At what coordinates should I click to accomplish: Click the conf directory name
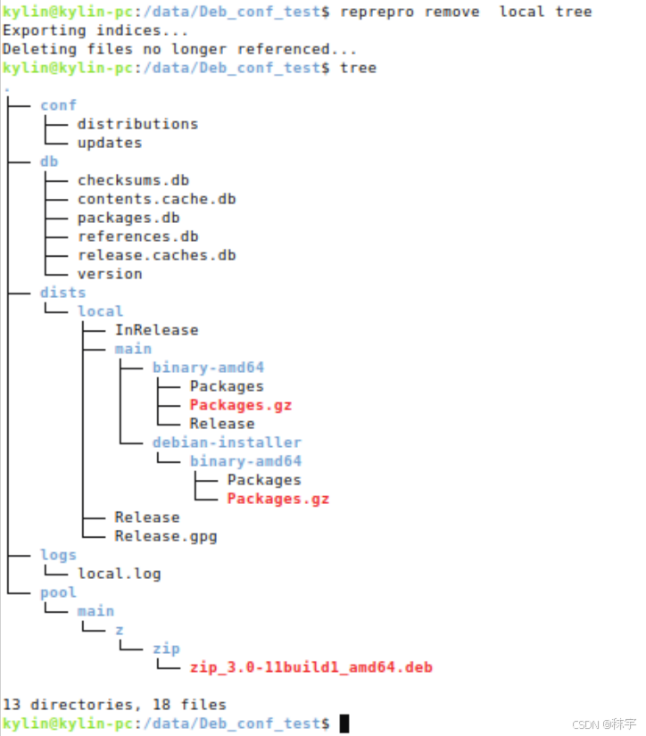[x=58, y=105]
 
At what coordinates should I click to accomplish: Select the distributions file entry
[x=137, y=124]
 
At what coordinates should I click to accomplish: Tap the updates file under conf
[x=109, y=143]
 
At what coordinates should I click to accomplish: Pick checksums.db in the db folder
[x=133, y=180]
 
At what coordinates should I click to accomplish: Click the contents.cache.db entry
[x=156, y=199]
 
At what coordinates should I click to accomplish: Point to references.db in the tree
[x=137, y=236]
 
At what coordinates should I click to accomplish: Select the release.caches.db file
[x=156, y=255]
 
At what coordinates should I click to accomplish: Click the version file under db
[x=109, y=274]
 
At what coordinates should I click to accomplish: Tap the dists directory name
[x=62, y=293]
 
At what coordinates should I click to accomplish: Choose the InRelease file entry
[x=156, y=330]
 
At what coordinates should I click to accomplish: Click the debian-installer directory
[x=227, y=442]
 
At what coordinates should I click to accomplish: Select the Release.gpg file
[x=165, y=536]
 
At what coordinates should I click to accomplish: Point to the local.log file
[x=119, y=574]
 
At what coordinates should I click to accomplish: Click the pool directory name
[x=58, y=592]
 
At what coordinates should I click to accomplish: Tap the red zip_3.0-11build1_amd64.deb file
[x=311, y=667]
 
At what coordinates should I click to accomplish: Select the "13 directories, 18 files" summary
[x=114, y=705]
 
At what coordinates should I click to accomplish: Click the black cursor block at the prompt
[x=344, y=723]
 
